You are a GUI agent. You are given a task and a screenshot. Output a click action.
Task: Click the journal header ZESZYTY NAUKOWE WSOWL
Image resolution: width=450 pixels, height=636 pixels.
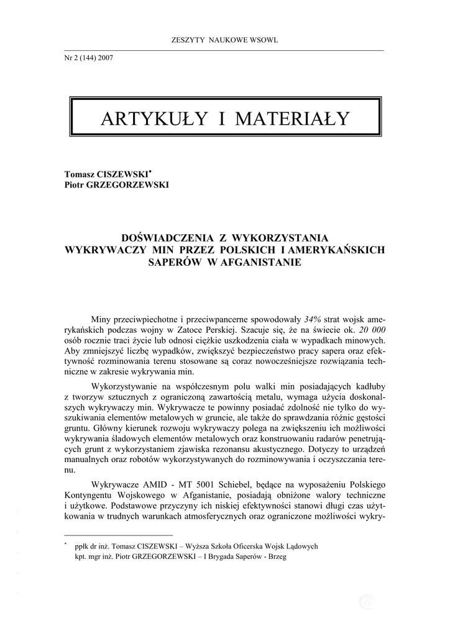click(224, 40)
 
